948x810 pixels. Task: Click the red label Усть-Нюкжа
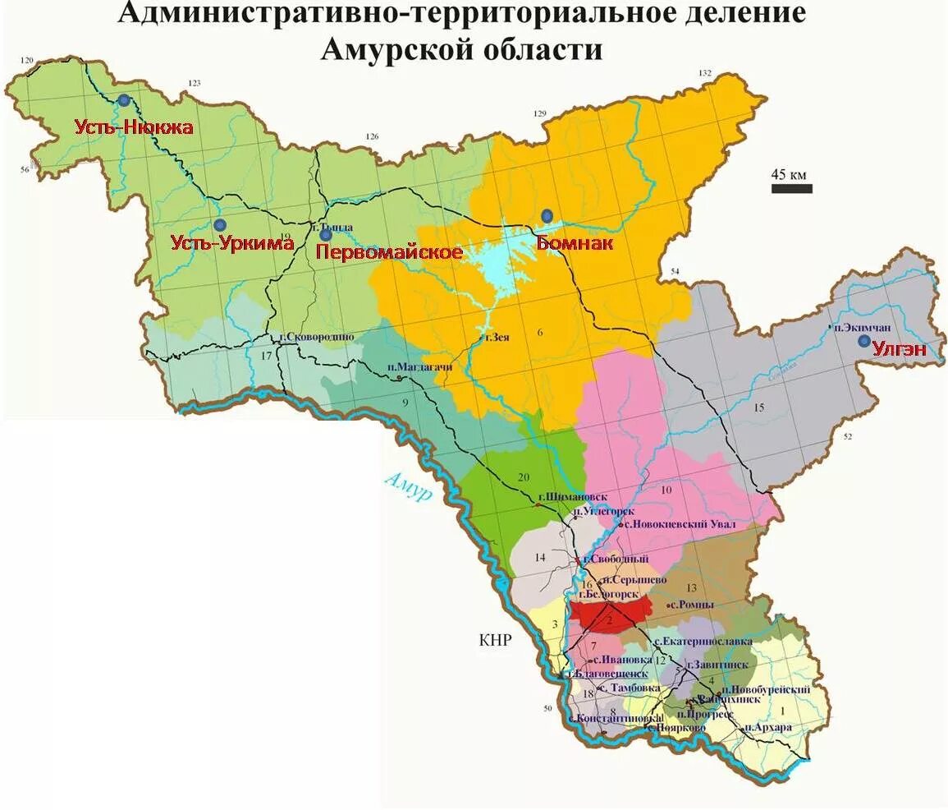tap(134, 127)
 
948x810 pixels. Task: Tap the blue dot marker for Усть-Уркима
tap(219, 224)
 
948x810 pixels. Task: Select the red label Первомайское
tap(390, 252)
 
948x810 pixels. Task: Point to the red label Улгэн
tap(900, 349)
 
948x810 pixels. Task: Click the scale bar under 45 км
tap(791, 189)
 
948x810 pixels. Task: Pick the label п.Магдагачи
tap(419, 367)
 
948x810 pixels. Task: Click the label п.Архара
tap(768, 728)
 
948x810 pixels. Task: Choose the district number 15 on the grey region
tap(759, 407)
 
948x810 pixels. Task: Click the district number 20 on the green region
tap(524, 477)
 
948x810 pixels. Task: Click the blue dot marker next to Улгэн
tap(863, 341)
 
